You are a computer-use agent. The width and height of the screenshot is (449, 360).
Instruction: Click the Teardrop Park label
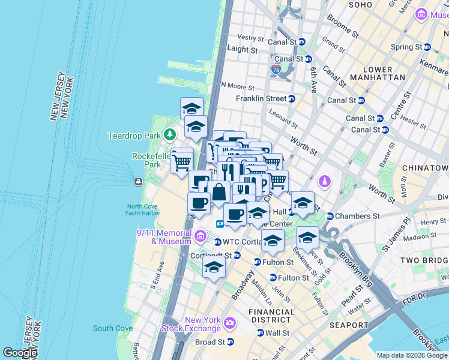pyautogui.click(x=135, y=136)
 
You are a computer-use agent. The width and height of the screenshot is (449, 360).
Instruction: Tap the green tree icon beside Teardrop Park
pyautogui.click(x=170, y=134)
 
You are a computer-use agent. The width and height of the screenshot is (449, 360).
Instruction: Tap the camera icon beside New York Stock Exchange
pyautogui.click(x=229, y=324)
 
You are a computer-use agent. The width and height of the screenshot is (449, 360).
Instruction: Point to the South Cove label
pyautogui.click(x=113, y=328)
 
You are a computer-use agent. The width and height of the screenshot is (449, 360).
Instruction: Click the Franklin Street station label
pyautogui.click(x=261, y=98)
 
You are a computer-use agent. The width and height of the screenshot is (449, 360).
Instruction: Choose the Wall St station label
pyautogui.click(x=277, y=333)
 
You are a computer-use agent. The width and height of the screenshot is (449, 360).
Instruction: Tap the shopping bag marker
pyautogui.click(x=219, y=193)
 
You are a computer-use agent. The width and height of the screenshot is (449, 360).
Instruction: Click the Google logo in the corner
pyautogui.click(x=20, y=353)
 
